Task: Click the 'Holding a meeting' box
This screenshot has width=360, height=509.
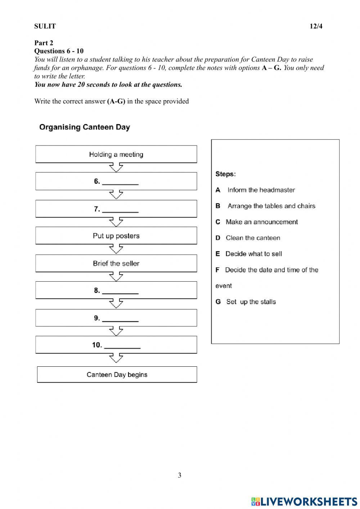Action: (116, 154)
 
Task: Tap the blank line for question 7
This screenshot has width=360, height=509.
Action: (120, 210)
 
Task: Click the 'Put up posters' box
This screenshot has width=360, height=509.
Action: (116, 236)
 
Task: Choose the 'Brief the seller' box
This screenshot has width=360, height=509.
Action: (116, 263)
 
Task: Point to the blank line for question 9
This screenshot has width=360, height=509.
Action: (120, 319)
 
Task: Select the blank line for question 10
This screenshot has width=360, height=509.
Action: (122, 346)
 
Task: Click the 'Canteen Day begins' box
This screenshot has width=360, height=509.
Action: (117, 375)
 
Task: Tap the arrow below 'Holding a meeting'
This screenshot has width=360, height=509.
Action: (116, 168)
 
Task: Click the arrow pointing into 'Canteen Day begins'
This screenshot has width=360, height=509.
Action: (116, 358)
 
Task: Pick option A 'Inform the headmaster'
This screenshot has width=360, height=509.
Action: (261, 190)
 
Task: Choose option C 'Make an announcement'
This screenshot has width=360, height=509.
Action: (262, 222)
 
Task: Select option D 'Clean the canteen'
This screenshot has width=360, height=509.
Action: (253, 238)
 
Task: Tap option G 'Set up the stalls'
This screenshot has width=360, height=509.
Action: (251, 302)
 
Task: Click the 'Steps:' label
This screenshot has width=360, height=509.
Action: (225, 174)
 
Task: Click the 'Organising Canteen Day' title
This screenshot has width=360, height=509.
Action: (85, 127)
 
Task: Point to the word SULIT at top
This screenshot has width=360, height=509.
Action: (45, 26)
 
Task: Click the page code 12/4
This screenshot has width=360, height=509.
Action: (316, 26)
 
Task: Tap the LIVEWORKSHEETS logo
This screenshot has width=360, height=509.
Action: (304, 501)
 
